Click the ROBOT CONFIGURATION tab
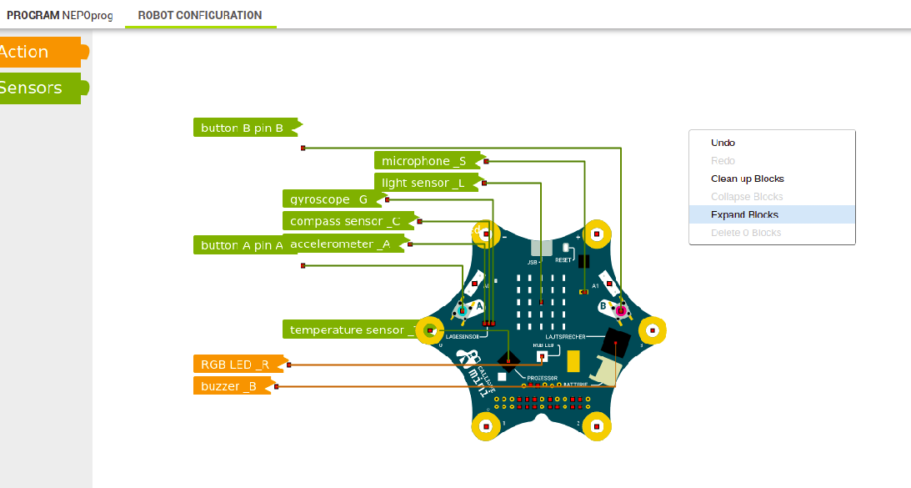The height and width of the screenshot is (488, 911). (200, 15)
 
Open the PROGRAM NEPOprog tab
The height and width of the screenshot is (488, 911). (59, 15)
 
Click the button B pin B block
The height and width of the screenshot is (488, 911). (243, 128)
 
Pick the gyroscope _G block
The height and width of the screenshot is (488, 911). (329, 199)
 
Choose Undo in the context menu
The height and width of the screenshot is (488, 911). (723, 143)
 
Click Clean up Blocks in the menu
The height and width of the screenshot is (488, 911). (747, 179)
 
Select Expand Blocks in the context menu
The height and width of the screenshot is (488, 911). (744, 214)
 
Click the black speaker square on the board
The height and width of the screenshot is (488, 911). (617, 342)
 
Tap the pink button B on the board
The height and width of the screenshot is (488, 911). (619, 309)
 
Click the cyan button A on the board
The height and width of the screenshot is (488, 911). (462, 310)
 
